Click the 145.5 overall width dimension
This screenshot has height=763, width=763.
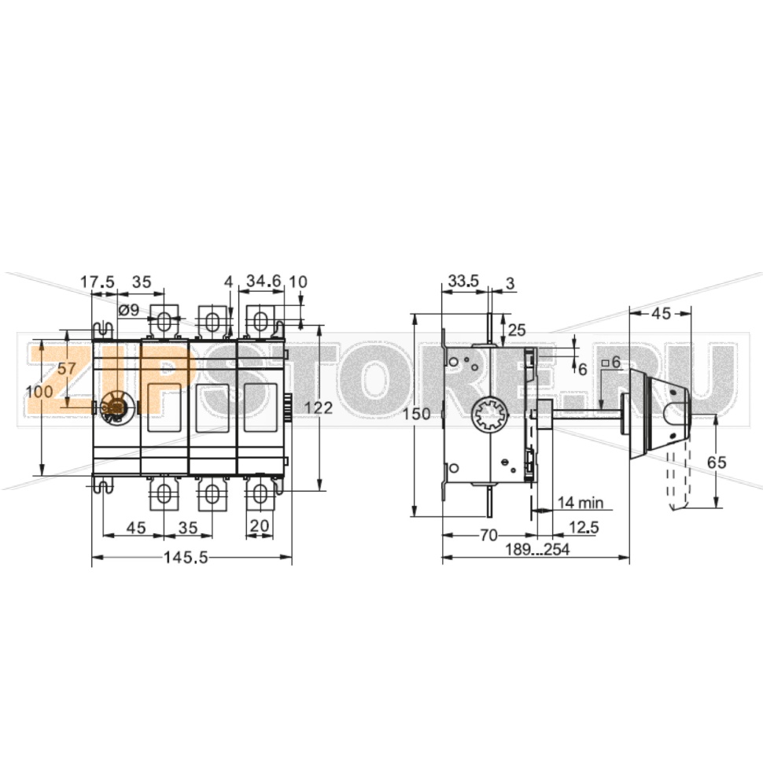point(186,558)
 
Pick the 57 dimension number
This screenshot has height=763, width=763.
point(67,367)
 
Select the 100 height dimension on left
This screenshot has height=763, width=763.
point(39,392)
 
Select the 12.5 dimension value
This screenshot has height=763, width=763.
point(583,528)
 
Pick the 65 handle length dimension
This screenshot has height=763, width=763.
point(716,463)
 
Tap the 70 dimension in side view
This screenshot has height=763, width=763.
point(488,535)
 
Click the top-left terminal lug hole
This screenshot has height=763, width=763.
point(164,322)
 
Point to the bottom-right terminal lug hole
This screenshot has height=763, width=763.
point(260,493)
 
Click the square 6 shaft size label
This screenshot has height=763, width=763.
point(610,363)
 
